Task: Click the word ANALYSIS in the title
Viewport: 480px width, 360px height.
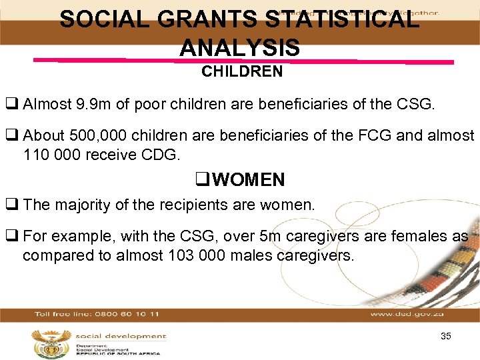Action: [239, 48]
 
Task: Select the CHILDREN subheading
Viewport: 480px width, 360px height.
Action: [242, 72]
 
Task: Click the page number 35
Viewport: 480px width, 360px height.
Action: [446, 336]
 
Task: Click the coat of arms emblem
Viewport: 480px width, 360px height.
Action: [49, 343]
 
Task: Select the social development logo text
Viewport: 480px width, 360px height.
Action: [119, 336]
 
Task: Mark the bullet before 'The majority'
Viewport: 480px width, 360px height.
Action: [11, 205]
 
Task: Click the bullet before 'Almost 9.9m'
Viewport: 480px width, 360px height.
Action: [11, 104]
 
